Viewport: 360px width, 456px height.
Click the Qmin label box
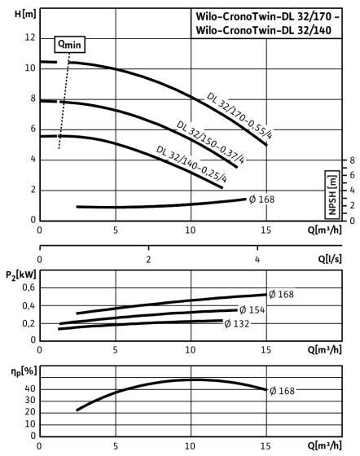click(x=69, y=45)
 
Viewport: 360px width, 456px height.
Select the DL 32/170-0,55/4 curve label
click(x=239, y=116)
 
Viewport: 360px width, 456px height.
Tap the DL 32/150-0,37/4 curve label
click(x=210, y=142)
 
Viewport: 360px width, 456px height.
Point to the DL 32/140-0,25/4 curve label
click(x=191, y=164)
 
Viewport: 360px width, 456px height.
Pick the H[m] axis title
click(x=25, y=15)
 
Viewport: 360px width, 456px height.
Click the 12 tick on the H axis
click(x=30, y=37)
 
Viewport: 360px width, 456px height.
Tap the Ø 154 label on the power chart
click(x=252, y=310)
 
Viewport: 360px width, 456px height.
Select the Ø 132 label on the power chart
click(x=237, y=323)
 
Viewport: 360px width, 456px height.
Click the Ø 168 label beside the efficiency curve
click(x=282, y=391)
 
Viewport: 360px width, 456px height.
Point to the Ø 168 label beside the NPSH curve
click(x=261, y=199)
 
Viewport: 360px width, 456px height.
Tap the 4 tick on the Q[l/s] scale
click(x=257, y=259)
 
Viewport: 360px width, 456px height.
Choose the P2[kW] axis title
click(x=21, y=275)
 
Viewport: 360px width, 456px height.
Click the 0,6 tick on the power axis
click(x=29, y=287)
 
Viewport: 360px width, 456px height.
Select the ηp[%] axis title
click(x=24, y=371)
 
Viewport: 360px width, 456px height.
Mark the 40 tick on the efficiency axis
click(x=30, y=389)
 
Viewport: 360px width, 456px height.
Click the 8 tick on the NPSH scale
click(x=352, y=160)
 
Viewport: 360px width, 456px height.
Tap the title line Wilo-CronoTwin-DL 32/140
click(x=263, y=30)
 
